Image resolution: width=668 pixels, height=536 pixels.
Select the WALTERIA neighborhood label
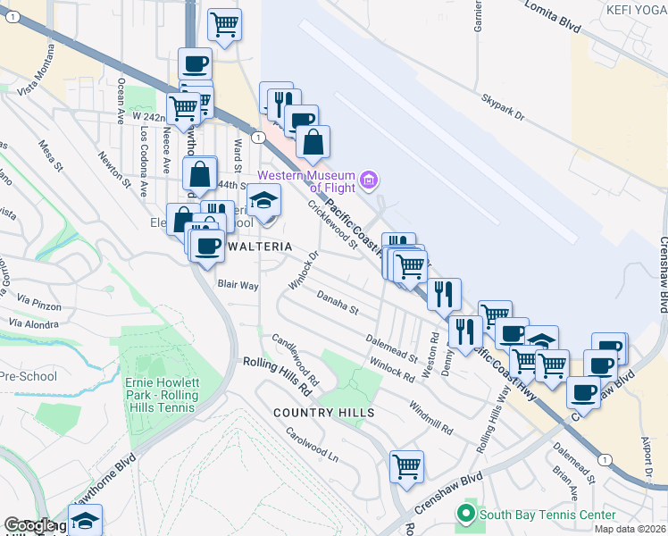click(256, 245)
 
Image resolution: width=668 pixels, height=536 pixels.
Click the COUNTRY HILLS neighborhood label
click(323, 413)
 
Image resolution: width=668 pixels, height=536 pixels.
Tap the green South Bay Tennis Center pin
click(464, 514)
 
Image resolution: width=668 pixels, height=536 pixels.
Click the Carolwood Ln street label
click(312, 444)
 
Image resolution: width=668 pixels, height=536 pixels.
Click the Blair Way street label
click(238, 286)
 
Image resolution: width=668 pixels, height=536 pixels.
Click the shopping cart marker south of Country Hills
click(406, 465)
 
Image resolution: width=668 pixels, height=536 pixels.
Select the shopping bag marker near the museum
click(313, 141)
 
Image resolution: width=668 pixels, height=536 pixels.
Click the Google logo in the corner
click(29, 526)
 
